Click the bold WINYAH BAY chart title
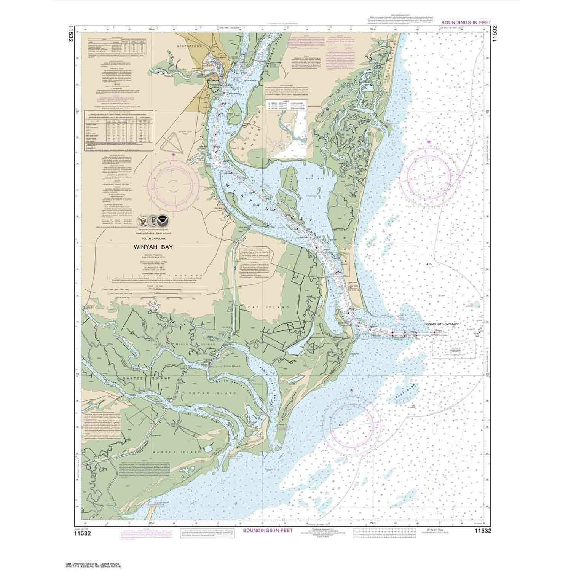click(154, 247)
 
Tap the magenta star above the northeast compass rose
click(429, 142)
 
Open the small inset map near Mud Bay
click(286, 129)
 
